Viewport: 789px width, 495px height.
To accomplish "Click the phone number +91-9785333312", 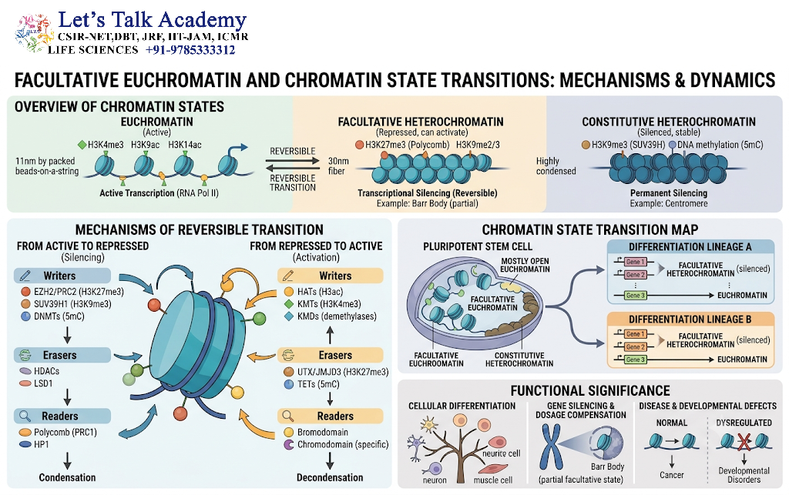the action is coord(190,50).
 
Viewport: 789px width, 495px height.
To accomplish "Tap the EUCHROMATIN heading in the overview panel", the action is coord(156,122).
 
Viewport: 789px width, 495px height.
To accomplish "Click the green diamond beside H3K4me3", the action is coord(82,145).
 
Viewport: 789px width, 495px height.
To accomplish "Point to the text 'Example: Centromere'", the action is coord(669,203).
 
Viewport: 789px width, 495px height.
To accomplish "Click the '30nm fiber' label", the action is coord(338,166).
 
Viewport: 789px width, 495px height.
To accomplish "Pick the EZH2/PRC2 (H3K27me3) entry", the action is coord(79,292).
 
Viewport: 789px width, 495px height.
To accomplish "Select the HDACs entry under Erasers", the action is coord(46,371).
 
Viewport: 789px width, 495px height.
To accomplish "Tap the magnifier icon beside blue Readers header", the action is coord(25,416).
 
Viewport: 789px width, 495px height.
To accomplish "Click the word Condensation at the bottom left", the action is coord(68,477).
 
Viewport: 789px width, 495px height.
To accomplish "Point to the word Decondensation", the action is coord(330,477).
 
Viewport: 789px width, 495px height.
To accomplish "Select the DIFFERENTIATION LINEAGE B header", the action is coord(690,319).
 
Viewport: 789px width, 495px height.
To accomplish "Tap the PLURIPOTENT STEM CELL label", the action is coord(478,247).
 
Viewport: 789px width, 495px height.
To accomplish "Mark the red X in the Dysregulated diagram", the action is coord(744,442).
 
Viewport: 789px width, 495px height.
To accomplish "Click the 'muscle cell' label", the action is coord(492,480).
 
